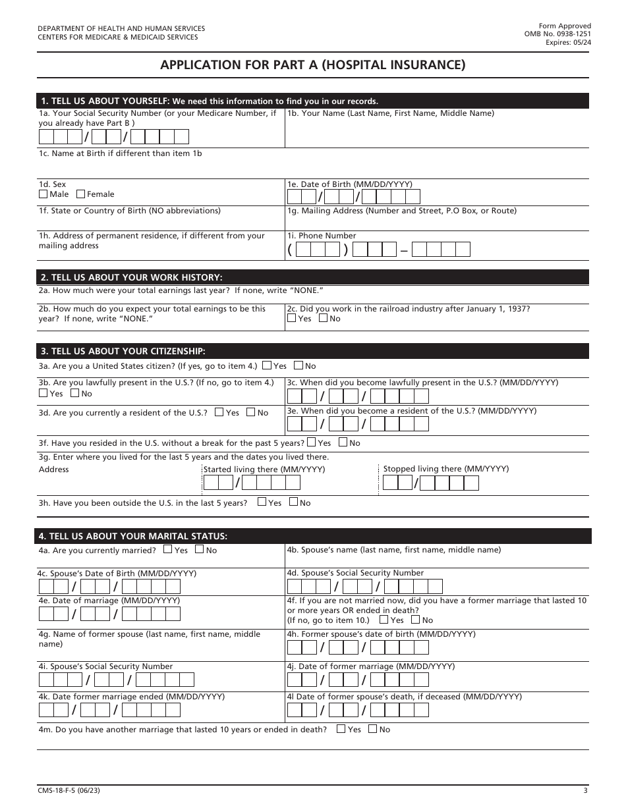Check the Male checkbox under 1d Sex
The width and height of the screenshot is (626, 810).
43,194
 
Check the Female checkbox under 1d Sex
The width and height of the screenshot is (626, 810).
81,194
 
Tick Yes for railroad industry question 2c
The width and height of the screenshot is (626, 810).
292,318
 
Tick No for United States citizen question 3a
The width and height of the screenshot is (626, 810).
299,365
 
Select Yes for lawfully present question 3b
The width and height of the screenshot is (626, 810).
43,393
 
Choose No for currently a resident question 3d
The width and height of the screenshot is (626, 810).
251,412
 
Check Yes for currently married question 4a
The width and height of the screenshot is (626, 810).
168,550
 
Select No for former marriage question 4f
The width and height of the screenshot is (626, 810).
416,620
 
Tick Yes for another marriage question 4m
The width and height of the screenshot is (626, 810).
341,729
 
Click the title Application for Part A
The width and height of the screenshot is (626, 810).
313,65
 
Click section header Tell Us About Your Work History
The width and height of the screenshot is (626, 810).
132,277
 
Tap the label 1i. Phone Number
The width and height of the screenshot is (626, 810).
322,236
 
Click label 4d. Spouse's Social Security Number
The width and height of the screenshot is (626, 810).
355,573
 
